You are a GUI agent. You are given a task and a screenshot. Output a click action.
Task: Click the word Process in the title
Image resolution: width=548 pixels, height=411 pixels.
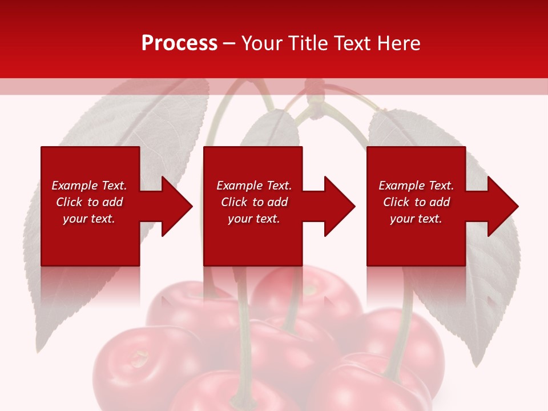click(179, 43)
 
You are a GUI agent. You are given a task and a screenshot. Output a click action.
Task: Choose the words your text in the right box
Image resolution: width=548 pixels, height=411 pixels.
click(416, 219)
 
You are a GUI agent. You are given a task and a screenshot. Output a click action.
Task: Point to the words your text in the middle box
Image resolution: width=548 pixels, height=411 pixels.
click(253, 219)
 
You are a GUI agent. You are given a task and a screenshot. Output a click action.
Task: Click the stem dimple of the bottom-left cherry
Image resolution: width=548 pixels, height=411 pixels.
click(138, 359)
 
